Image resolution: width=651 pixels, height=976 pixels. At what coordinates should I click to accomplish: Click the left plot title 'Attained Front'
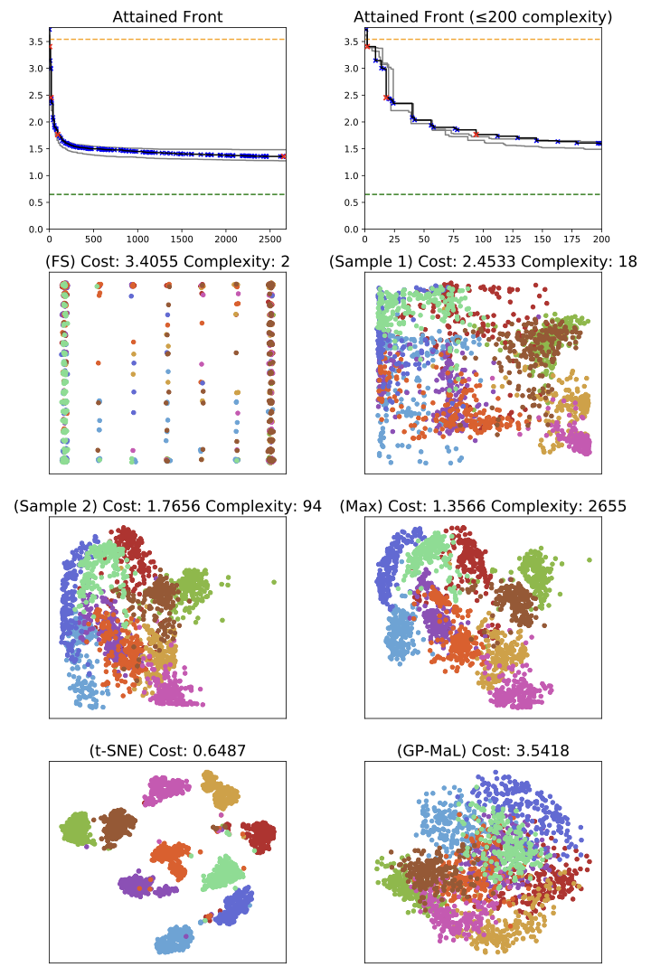click(x=167, y=17)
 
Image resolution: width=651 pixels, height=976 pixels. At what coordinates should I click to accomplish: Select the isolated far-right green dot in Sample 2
click(x=274, y=582)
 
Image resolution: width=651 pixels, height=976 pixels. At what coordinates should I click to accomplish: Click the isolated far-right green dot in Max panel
click(x=590, y=560)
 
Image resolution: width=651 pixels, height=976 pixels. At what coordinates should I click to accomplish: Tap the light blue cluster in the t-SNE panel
click(x=174, y=940)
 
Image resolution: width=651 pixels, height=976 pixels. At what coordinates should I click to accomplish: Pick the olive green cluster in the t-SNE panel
click(x=76, y=828)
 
